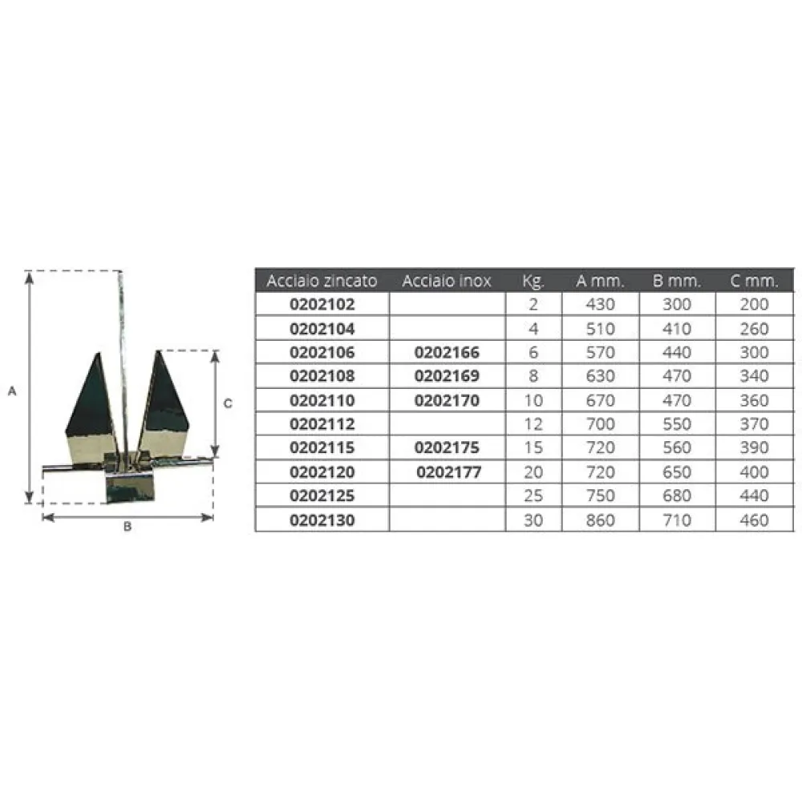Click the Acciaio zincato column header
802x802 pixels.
[x=322, y=280]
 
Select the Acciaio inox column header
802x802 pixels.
[x=447, y=280]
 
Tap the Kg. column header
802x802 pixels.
[x=533, y=281]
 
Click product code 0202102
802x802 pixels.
[x=322, y=304]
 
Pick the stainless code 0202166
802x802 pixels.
[x=447, y=352]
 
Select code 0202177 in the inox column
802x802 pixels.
[x=448, y=472]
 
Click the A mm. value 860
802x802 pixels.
[x=600, y=520]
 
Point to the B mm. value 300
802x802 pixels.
[x=677, y=304]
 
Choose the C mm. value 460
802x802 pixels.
[x=754, y=520]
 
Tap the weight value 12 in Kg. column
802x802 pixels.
[x=533, y=424]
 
